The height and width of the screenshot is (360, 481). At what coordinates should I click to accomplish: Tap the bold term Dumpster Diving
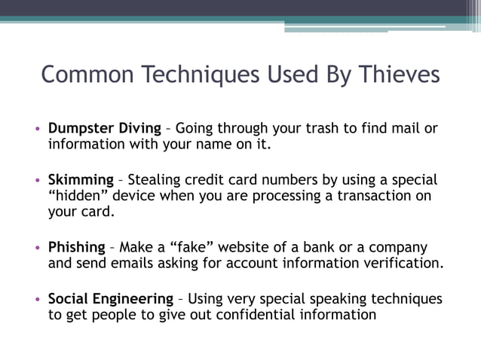[105, 128]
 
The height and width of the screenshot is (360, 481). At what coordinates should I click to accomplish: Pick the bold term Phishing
[77, 248]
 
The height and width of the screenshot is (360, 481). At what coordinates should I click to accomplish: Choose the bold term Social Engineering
[111, 299]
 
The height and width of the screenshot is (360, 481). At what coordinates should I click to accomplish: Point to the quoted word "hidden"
[78, 197]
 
